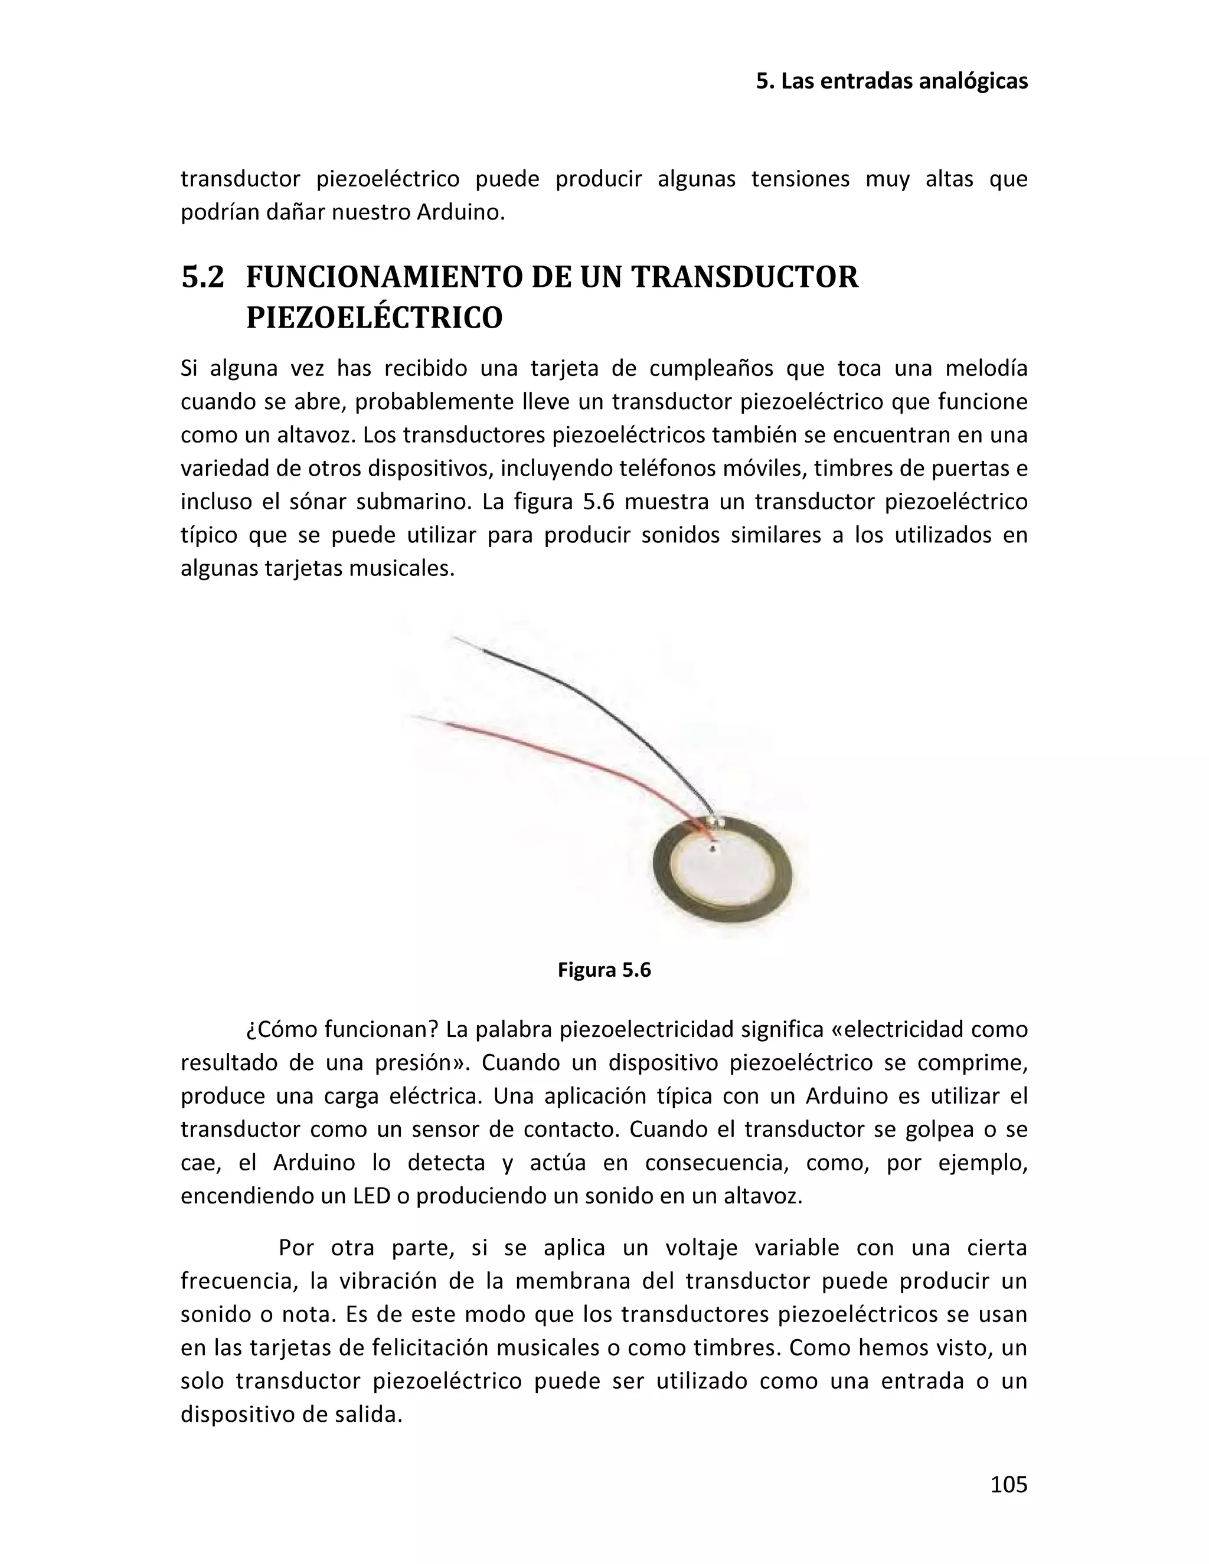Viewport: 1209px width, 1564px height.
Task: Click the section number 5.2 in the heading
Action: click(202, 277)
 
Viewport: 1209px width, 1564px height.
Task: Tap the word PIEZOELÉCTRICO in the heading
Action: click(374, 318)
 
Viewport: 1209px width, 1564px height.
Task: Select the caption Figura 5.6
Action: click(604, 970)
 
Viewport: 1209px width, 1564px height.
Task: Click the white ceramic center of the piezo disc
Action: click(723, 873)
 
